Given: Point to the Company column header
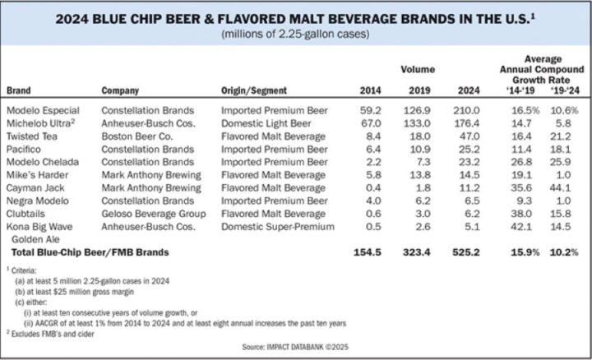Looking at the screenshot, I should pos(120,90).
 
